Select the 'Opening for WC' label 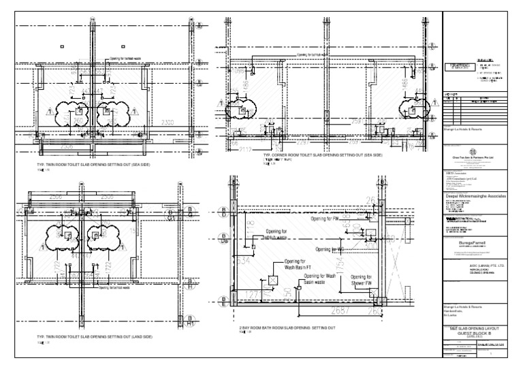[x=330, y=250]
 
